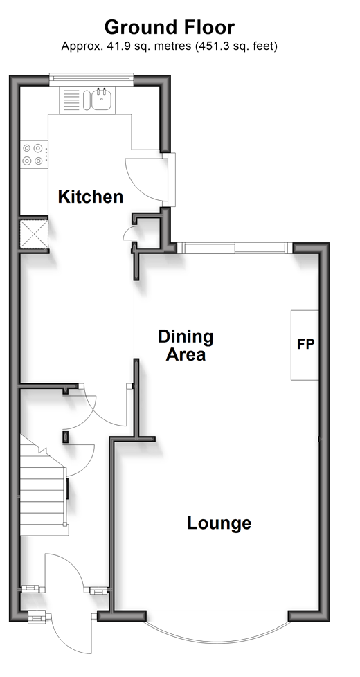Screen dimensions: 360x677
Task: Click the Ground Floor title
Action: point(169,28)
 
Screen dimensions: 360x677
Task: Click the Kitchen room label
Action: point(91,197)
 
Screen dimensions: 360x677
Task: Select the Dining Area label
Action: point(186,345)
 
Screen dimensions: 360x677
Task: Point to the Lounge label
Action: point(219,523)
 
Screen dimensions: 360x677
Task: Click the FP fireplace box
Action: point(305,345)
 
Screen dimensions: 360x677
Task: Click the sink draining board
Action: point(71,100)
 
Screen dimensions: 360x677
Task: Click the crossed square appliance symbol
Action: point(34,234)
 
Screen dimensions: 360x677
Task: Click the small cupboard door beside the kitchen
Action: point(130,233)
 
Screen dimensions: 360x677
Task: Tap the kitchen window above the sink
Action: point(91,78)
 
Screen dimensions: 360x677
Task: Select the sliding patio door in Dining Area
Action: point(235,248)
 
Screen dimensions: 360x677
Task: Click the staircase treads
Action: point(43,491)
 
